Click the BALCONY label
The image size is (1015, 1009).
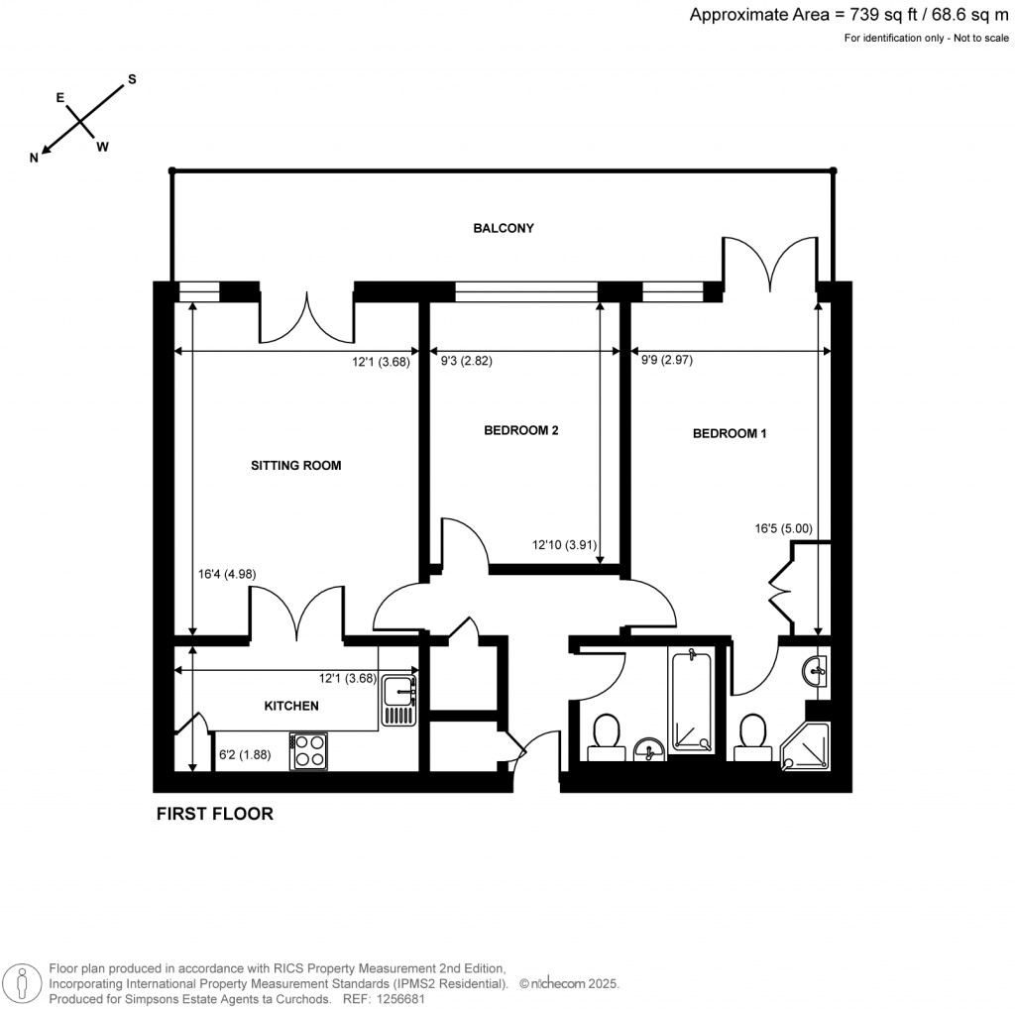point(503,228)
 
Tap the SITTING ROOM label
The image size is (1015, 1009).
point(295,465)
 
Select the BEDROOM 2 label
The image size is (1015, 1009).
point(521,430)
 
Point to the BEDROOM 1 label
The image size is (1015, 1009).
point(730,433)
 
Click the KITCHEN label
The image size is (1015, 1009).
point(290,706)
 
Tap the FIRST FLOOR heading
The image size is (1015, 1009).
point(215,815)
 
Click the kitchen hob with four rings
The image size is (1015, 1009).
point(309,750)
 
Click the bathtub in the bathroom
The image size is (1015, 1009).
point(691,701)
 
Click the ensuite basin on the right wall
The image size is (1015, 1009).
point(817,670)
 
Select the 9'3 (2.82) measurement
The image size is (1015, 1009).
point(465,362)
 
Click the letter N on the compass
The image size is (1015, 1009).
point(34,158)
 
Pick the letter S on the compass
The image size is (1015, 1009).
point(131,78)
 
